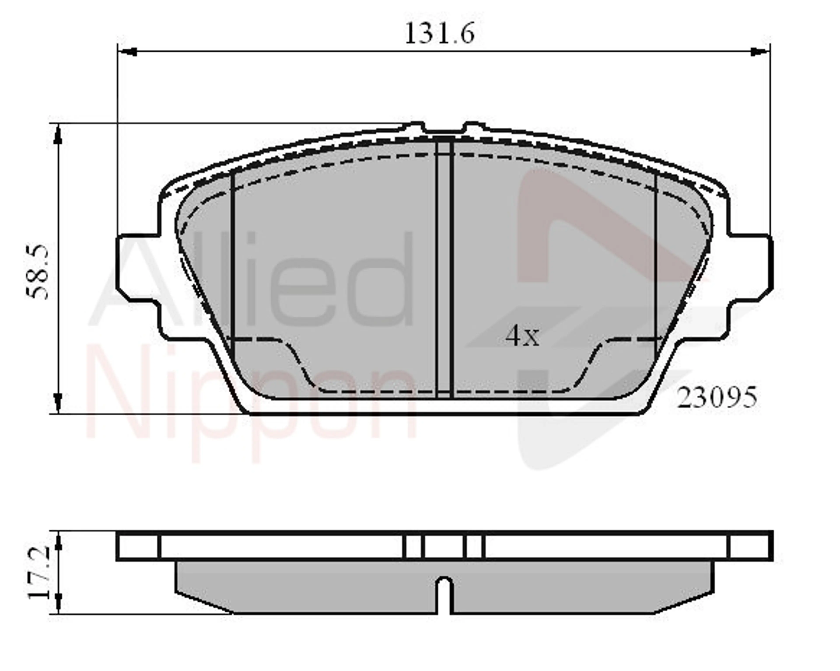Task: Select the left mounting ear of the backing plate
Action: coord(138,269)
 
